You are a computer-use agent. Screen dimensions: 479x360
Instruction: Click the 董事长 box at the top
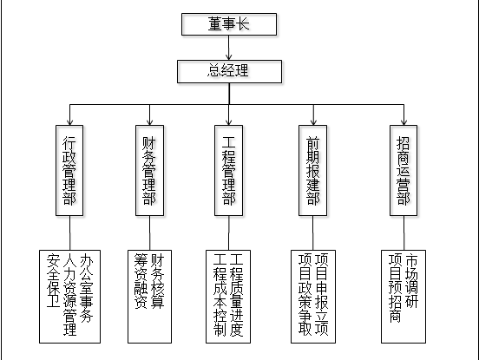point(229,24)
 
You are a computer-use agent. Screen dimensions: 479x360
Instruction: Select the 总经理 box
point(229,71)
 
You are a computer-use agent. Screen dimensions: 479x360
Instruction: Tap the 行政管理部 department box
point(69,170)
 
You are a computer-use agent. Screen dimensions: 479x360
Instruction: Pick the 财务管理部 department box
point(149,170)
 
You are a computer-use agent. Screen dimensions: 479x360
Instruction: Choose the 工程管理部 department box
point(229,170)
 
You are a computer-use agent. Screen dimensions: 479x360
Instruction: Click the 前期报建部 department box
point(312,170)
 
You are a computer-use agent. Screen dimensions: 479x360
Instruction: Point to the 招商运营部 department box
point(404,170)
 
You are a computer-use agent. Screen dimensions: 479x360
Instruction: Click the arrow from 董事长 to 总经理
point(229,48)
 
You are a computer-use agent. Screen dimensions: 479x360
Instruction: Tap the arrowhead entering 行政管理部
point(70,122)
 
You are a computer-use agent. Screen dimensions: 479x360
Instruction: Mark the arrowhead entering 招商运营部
point(404,122)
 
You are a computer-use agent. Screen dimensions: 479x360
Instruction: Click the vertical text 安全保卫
point(53,280)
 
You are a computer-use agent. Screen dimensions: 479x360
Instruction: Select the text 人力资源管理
point(69,294)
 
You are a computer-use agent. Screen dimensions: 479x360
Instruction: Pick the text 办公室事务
point(87,288)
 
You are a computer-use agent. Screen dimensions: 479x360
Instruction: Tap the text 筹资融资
point(141,281)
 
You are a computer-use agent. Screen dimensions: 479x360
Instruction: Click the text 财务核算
point(158,281)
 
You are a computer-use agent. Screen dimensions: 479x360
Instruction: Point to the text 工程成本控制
point(220,295)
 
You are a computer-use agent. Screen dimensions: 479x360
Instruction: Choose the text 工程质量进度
point(236,295)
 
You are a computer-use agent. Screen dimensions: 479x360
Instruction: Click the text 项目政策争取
point(305,294)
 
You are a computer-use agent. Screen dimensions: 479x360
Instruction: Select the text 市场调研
point(411,281)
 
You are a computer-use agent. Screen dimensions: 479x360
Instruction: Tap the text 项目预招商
point(395,288)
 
